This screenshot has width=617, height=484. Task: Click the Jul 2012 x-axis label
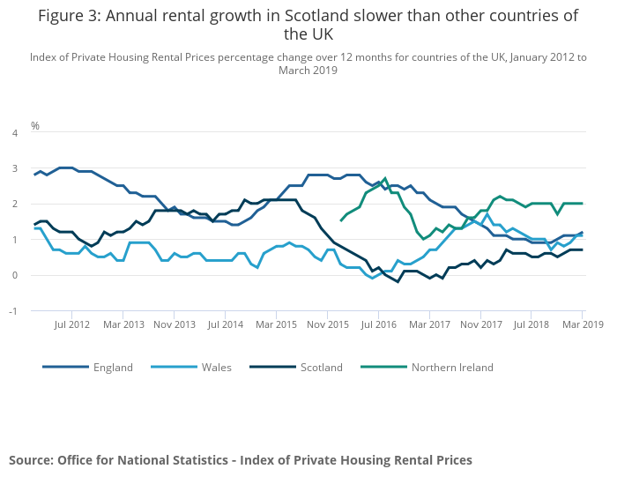pos(72,325)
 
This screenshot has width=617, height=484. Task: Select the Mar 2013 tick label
pos(123,325)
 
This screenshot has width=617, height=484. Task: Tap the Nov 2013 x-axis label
pos(175,325)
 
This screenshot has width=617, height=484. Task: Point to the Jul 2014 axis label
pos(226,325)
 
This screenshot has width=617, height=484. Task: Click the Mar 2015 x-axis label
pos(277,325)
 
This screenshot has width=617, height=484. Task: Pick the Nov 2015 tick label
pos(328,325)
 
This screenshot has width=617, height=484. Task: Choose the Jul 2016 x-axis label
pos(379,325)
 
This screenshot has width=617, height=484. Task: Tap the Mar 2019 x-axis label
pos(584,325)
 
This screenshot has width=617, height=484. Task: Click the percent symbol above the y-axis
pos(35,125)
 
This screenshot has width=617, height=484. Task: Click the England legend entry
pos(113,367)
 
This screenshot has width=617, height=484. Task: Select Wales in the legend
pos(215,367)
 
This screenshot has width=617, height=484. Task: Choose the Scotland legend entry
pos(321,367)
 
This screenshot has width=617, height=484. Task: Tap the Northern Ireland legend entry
pos(452,367)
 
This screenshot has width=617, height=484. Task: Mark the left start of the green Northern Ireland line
pos(341,220)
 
